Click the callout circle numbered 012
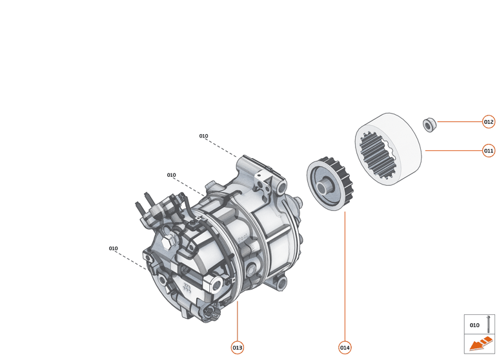(489, 121)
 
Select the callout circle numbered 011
(489, 151)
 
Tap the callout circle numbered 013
(238, 348)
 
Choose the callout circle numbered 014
(345, 348)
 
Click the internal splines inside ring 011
(374, 154)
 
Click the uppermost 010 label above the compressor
(203, 136)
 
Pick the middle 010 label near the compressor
(171, 175)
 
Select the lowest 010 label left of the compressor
(113, 248)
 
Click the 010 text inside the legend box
(474, 325)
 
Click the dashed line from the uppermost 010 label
(223, 148)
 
